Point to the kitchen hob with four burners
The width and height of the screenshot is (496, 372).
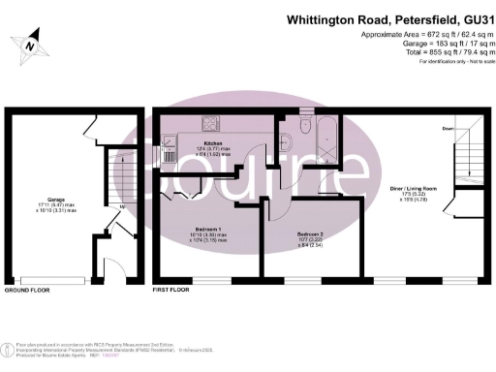tap(211, 123)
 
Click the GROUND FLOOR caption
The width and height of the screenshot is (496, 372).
tap(26, 290)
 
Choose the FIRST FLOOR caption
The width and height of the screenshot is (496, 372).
tap(170, 290)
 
